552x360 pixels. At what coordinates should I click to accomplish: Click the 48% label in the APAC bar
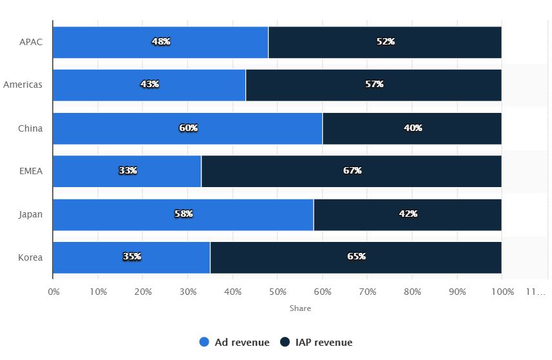[161, 41]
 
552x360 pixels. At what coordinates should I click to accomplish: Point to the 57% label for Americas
[374, 85]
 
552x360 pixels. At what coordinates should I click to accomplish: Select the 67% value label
[352, 171]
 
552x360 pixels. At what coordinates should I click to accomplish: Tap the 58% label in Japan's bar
[183, 214]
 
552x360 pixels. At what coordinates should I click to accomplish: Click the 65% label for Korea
[356, 257]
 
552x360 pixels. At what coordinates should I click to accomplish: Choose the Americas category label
[23, 85]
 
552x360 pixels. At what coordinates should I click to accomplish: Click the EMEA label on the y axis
[30, 171]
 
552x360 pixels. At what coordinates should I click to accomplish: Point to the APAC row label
[31, 41]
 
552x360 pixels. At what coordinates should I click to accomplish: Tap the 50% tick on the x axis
[278, 292]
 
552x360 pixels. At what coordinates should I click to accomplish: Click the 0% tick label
[54, 292]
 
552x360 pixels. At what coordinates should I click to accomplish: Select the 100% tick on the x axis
[502, 292]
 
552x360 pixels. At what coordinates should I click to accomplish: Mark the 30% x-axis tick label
[188, 292]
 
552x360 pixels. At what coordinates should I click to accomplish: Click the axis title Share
[300, 308]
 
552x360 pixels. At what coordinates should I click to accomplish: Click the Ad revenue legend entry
[241, 343]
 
